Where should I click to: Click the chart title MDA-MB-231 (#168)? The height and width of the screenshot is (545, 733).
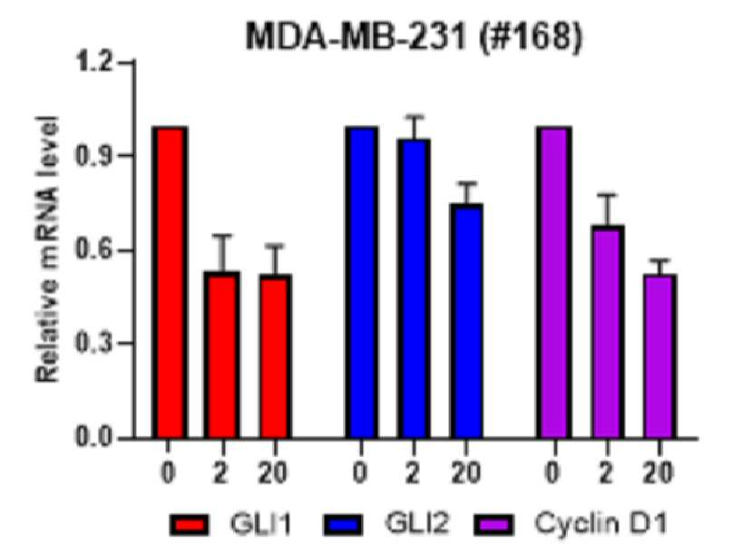pyautogui.click(x=415, y=36)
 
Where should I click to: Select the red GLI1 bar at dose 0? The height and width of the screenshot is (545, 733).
pyautogui.click(x=170, y=282)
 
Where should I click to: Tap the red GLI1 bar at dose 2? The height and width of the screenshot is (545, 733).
pyautogui.click(x=221, y=355)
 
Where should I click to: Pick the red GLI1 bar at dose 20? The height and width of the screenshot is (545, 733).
pyautogui.click(x=276, y=356)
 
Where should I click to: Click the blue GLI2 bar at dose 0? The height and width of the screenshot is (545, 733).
pyautogui.click(x=361, y=282)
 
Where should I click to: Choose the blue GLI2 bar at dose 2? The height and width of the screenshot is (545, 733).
pyautogui.click(x=414, y=288)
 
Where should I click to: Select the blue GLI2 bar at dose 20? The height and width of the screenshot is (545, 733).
pyautogui.click(x=466, y=321)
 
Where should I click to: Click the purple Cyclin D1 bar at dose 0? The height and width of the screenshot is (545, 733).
pyautogui.click(x=554, y=282)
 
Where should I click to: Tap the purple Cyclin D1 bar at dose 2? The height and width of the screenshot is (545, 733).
pyautogui.click(x=607, y=332)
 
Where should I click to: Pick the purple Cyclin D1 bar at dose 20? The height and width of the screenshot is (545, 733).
pyautogui.click(x=660, y=356)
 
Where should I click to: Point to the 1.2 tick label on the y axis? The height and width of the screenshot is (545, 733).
pyautogui.click(x=94, y=62)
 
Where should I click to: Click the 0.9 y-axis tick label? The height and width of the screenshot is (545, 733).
pyautogui.click(x=94, y=156)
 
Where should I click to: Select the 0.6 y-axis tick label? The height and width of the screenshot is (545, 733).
pyautogui.click(x=94, y=250)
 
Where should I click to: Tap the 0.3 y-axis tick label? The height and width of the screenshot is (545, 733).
pyautogui.click(x=94, y=344)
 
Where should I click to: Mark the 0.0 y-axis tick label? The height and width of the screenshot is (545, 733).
pyautogui.click(x=94, y=438)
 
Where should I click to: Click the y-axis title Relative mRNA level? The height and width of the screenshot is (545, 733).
pyautogui.click(x=47, y=249)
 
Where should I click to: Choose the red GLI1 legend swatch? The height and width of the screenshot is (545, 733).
pyautogui.click(x=190, y=524)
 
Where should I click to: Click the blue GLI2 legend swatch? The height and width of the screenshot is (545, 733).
pyautogui.click(x=343, y=524)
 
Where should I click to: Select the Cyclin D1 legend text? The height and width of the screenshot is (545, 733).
pyautogui.click(x=601, y=523)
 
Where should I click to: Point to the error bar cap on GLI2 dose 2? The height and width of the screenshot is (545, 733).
pyautogui.click(x=414, y=116)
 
